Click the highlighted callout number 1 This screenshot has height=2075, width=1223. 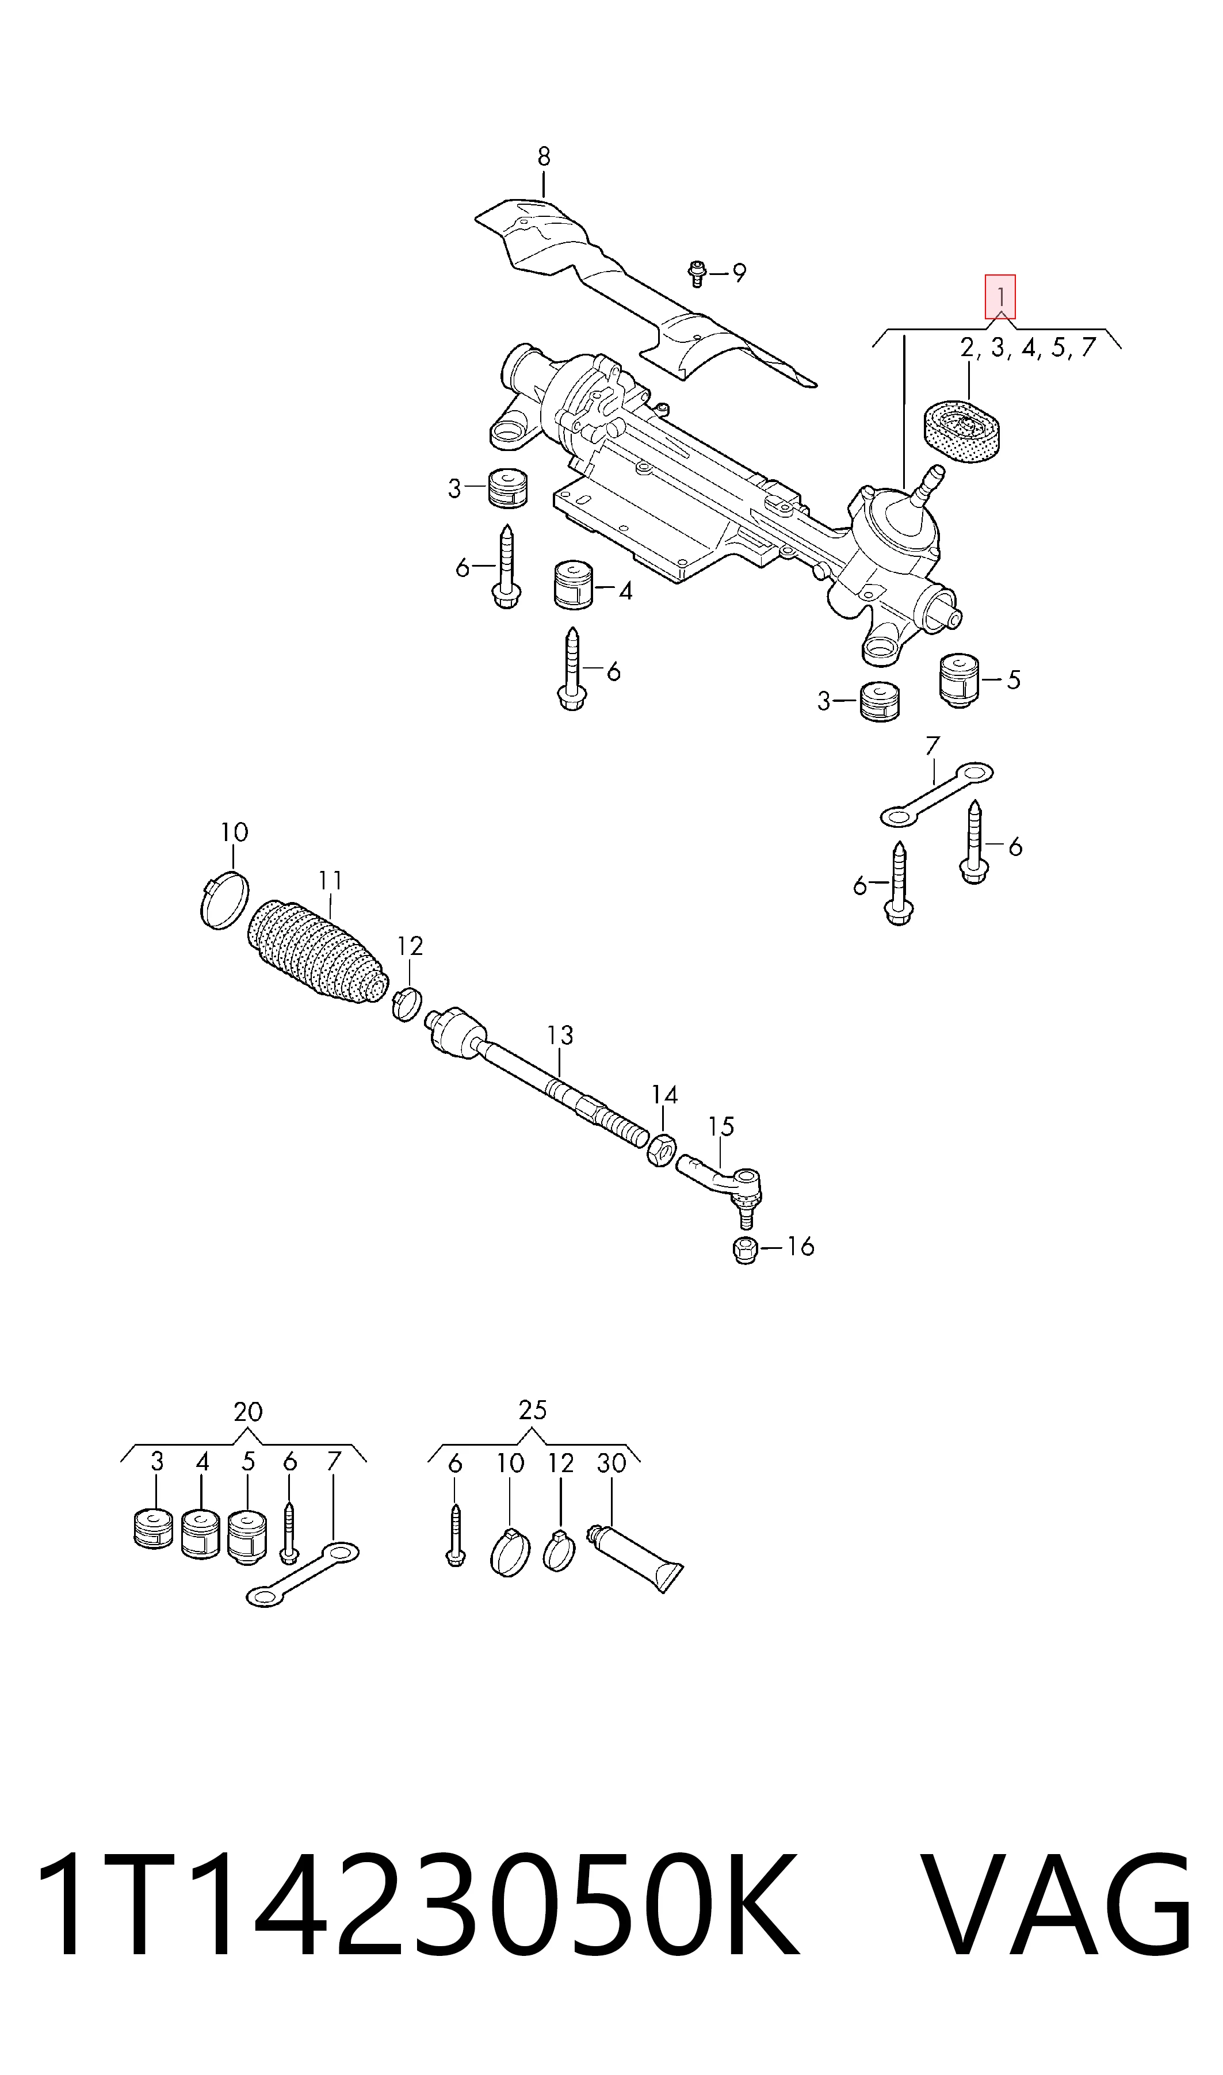pyautogui.click(x=1000, y=297)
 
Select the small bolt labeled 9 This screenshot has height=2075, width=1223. pyautogui.click(x=697, y=273)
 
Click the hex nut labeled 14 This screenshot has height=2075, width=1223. pyautogui.click(x=663, y=1149)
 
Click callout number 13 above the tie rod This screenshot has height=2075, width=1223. pyautogui.click(x=560, y=1034)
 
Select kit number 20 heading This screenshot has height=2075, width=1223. pyautogui.click(x=248, y=1412)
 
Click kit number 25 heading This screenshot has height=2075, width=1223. pyautogui.click(x=532, y=1410)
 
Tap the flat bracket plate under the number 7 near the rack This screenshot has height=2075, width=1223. pyautogui.click(x=937, y=793)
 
